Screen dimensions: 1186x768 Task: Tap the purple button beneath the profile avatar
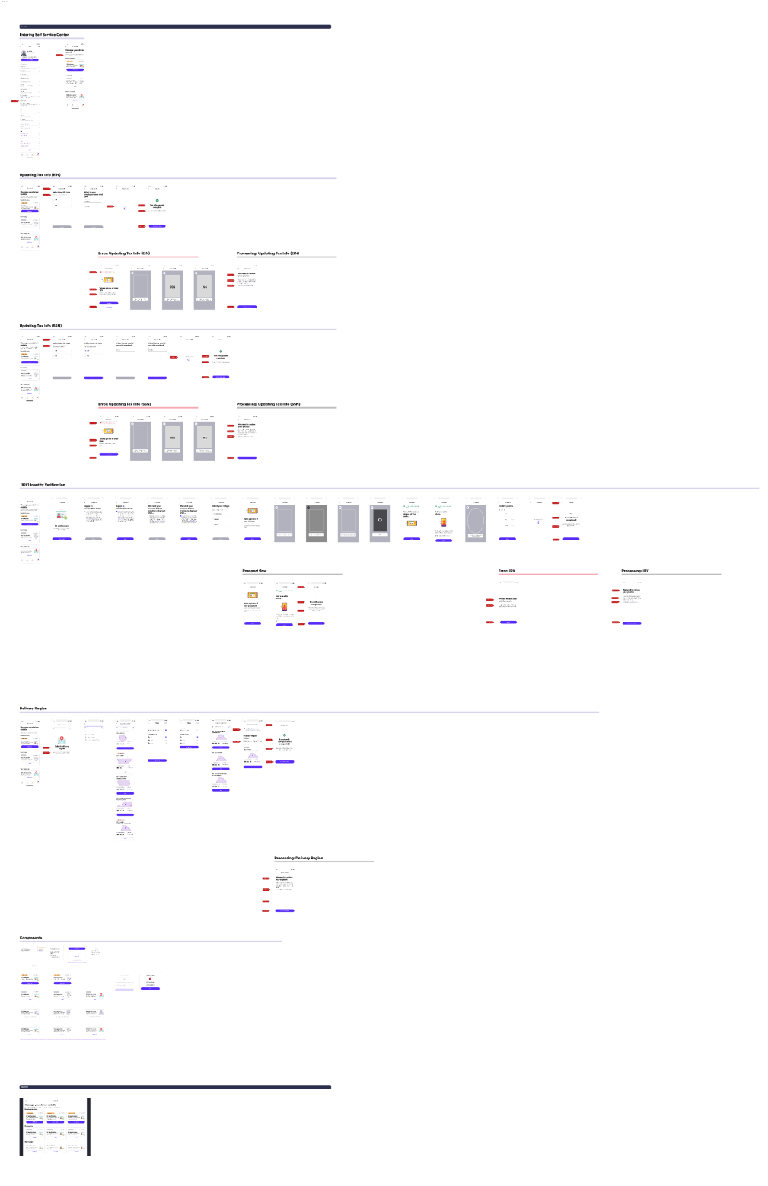[29, 59]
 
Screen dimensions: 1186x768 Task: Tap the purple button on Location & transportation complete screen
[284, 761]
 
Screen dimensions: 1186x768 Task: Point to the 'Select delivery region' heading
[62, 747]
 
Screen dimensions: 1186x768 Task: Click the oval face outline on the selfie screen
[476, 521]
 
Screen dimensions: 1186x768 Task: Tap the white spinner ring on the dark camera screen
[380, 521]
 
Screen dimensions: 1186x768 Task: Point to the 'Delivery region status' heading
[251, 736]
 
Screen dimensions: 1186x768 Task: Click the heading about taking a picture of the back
[410, 513]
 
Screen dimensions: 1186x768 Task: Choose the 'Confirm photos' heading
[505, 506]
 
